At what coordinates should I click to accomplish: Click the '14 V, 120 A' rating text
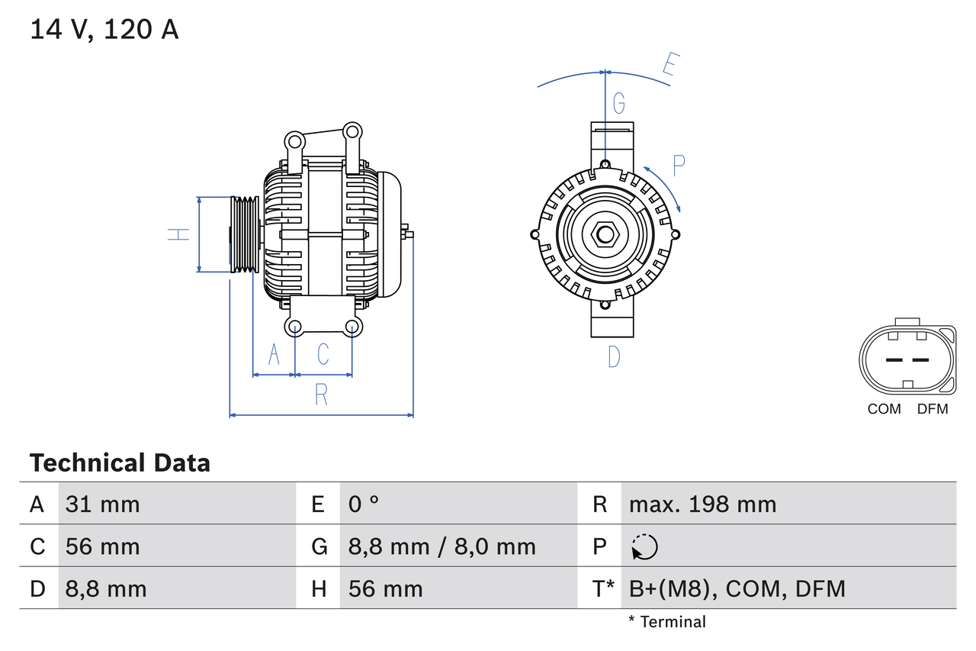[104, 30]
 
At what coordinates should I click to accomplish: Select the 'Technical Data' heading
[120, 462]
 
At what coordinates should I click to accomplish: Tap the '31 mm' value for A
[103, 504]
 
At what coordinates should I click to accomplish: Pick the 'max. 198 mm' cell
[702, 504]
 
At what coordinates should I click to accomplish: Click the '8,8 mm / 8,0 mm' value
[441, 546]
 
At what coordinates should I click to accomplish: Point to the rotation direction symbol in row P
[644, 546]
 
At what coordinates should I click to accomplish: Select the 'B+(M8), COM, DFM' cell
[737, 588]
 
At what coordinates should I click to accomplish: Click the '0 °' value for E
[364, 504]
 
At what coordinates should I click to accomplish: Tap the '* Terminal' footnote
[667, 622]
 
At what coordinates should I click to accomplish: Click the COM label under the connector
[884, 409]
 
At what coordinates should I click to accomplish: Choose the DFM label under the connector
[932, 409]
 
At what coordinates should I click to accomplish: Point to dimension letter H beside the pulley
[178, 234]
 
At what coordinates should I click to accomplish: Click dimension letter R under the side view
[321, 395]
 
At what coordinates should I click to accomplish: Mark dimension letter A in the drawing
[274, 354]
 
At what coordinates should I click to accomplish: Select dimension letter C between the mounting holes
[323, 354]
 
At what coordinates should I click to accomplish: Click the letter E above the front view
[669, 65]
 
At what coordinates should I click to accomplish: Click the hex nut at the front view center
[605, 234]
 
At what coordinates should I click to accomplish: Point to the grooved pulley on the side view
[244, 234]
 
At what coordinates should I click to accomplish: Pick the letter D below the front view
[614, 356]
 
